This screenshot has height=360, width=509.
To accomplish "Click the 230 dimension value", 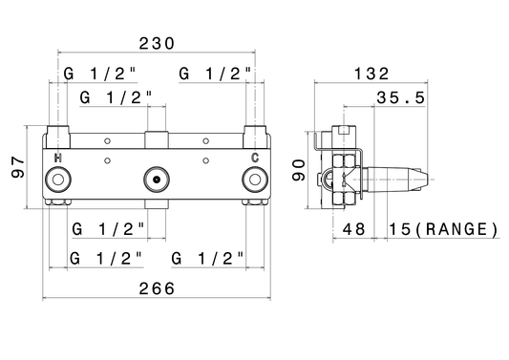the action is pos(157,44).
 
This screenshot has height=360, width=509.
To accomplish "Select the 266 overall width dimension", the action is pos(157,288).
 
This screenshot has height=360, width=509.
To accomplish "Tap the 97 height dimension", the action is pos(18,167).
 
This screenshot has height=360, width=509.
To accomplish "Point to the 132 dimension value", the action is pos(371,74).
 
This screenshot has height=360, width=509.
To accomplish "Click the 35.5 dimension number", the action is pos(400,97).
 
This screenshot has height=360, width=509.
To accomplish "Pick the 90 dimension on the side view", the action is pos(298,170).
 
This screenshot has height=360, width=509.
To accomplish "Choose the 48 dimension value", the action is pos(354,229).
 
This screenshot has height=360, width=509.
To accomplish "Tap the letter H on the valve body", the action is pos(58,159).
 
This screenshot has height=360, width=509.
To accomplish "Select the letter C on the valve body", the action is pos(255,158).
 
